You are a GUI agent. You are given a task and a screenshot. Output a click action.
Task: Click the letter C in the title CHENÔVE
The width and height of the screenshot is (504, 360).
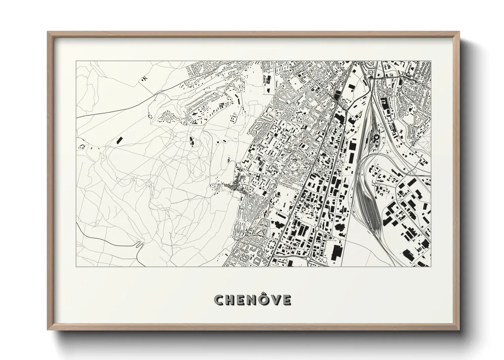219,300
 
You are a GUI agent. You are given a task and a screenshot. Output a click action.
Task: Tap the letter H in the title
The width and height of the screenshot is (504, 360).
230,300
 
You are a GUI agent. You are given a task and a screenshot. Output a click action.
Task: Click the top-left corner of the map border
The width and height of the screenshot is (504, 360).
76,61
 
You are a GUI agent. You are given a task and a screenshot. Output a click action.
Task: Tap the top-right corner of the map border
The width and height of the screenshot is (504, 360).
431,61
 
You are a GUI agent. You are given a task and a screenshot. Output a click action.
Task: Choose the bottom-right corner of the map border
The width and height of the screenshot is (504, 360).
431,266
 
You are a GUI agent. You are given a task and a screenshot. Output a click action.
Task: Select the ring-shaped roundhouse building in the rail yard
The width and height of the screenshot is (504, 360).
376,137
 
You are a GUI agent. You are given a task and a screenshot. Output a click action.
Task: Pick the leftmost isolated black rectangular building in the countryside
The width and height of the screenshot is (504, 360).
119,140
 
